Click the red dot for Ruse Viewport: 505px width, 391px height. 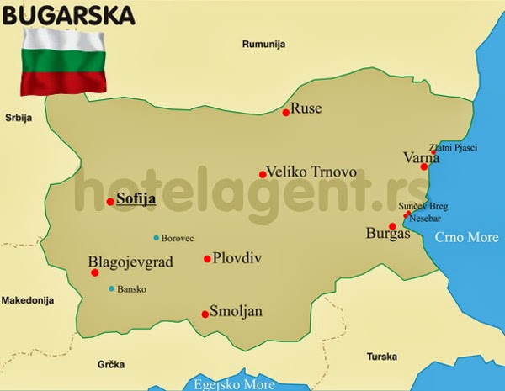coord(286,112)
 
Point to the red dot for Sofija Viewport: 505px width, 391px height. coord(110,201)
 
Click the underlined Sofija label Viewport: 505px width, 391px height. coord(136,199)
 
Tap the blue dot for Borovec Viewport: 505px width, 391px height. coord(156,238)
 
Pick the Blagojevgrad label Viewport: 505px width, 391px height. coord(130,262)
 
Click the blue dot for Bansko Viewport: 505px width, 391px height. coord(112,289)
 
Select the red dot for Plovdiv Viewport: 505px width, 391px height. coord(207,259)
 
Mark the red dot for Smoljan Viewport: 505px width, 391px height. coord(205,314)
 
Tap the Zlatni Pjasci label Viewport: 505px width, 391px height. coord(453,147)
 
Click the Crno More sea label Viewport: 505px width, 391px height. coord(466,238)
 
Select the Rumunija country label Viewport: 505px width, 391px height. coord(264,44)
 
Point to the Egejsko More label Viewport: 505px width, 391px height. coord(234,384)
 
